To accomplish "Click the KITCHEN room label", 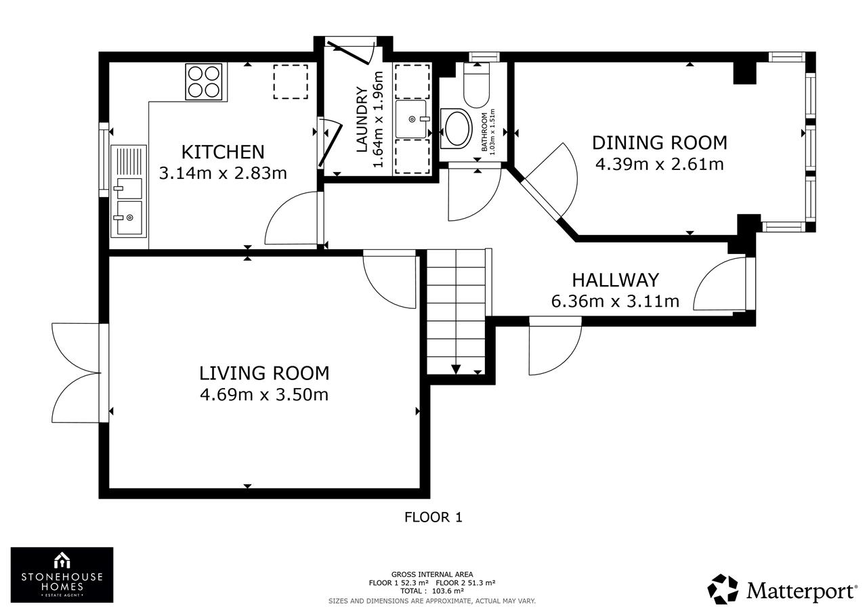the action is [x=223, y=152].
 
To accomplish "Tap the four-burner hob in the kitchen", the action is [x=204, y=82].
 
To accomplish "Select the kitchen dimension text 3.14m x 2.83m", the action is [x=223, y=173].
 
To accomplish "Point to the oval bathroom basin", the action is [x=457, y=129].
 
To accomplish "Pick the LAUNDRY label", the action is [x=362, y=120].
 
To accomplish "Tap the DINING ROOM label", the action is [x=660, y=143].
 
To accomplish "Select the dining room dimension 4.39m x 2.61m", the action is [x=660, y=164].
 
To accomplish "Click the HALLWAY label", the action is [x=616, y=280].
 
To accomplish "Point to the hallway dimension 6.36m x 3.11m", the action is [x=616, y=301].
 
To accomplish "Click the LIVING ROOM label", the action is [x=264, y=373].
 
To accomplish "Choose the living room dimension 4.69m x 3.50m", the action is [x=264, y=395].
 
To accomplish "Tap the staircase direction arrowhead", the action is [x=456, y=369].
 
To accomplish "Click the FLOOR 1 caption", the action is [x=433, y=517].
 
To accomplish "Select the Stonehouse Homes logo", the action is [x=62, y=574].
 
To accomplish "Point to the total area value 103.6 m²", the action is [x=445, y=591].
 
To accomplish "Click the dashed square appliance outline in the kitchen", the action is [x=291, y=82].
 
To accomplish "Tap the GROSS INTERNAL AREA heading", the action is [x=432, y=574].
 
